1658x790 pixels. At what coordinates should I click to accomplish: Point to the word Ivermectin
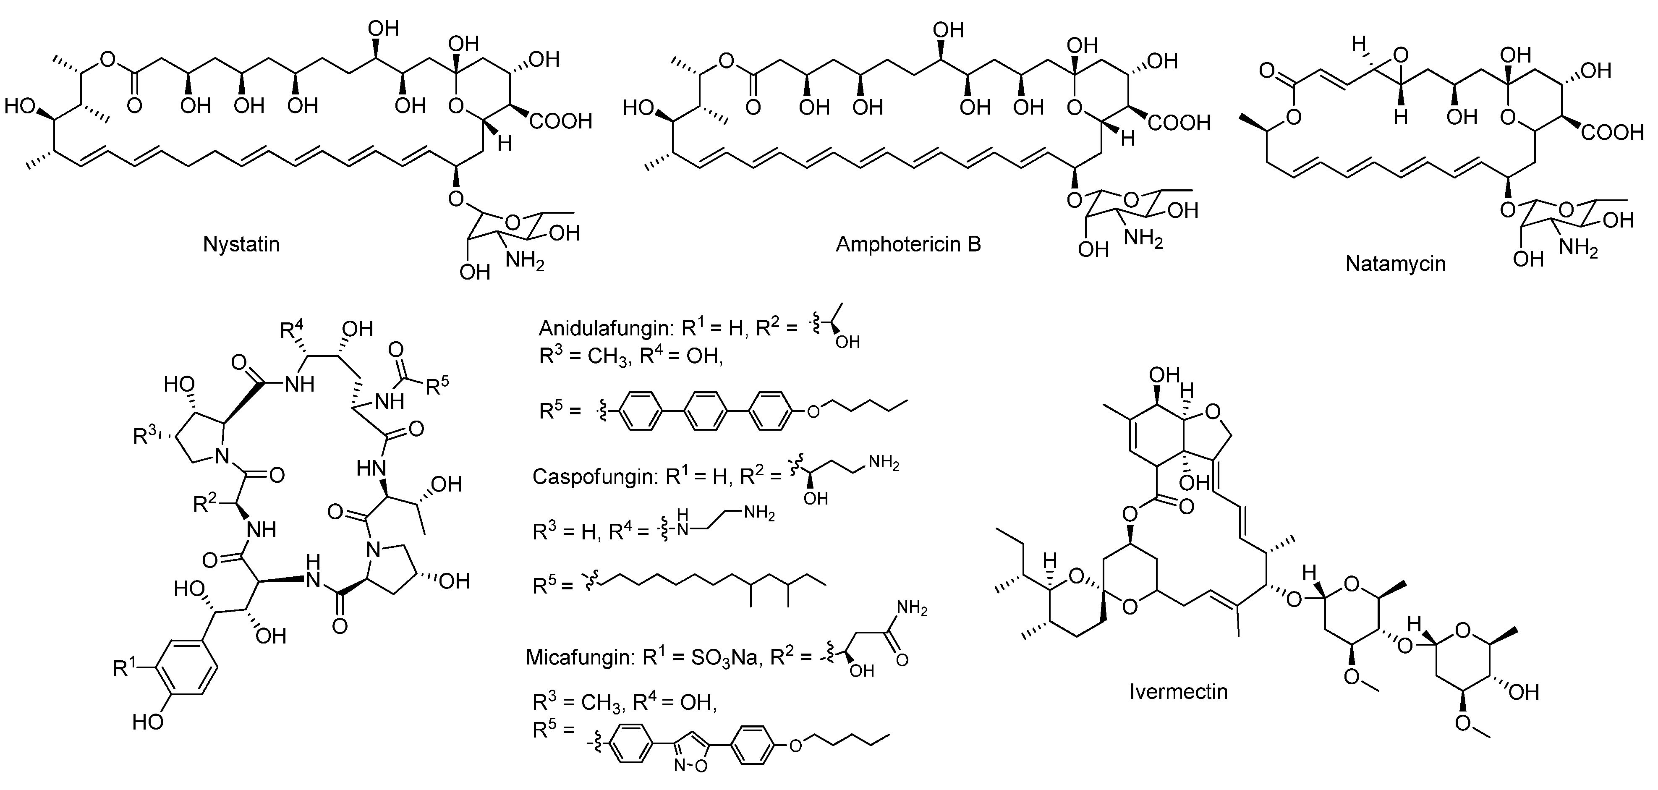point(1179,691)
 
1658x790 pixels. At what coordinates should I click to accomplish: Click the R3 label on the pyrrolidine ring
point(145,437)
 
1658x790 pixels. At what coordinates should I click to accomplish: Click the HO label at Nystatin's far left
point(20,106)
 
